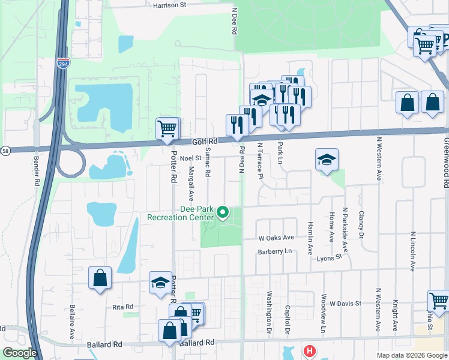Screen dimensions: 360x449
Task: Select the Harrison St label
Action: coord(170,4)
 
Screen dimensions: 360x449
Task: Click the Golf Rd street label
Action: coord(203,142)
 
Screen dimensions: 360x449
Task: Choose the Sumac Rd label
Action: coord(208,162)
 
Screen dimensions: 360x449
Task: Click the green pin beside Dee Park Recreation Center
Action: coord(223,212)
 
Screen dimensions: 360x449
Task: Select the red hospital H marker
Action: coord(309,351)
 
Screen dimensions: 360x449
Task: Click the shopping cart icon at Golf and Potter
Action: coord(167,128)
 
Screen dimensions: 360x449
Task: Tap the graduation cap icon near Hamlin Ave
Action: coord(327,160)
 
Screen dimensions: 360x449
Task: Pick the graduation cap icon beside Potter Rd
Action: coord(160,284)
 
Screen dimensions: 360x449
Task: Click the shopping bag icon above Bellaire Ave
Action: coord(100,278)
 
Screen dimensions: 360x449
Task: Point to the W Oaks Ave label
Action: coord(276,238)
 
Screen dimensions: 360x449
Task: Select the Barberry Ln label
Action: coord(274,251)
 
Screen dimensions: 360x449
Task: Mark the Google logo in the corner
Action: coord(20,353)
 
